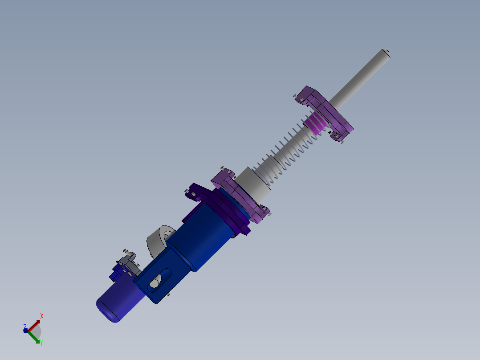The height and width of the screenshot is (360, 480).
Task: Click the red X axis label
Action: pos(42,316)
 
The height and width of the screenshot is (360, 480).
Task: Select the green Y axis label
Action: pos(41,342)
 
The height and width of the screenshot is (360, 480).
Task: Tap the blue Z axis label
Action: pos(25,326)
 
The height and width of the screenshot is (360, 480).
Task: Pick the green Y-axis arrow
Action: pos(34,337)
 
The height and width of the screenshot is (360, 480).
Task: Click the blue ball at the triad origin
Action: pos(26,331)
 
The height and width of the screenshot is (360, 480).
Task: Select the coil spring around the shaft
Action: pos(285,151)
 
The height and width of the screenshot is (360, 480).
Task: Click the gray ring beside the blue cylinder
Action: pos(158,241)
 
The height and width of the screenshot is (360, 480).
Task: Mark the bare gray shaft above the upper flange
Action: pos(361,78)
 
